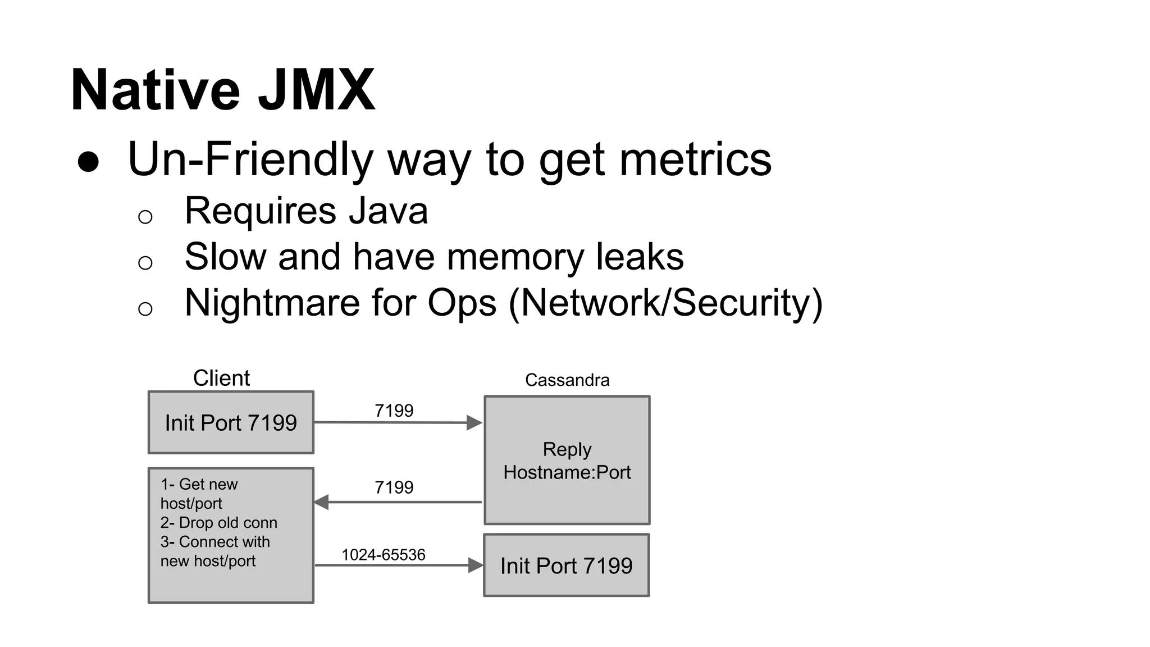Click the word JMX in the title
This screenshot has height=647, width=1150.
pyautogui.click(x=316, y=90)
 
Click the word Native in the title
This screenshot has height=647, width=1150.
pyautogui.click(x=156, y=90)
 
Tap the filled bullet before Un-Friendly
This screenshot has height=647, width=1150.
pyautogui.click(x=88, y=162)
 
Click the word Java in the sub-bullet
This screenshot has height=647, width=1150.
pyautogui.click(x=388, y=211)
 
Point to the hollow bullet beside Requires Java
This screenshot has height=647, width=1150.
pyautogui.click(x=145, y=217)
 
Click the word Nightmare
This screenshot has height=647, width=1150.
pyautogui.click(x=272, y=303)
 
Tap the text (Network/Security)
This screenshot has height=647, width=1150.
pyautogui.click(x=665, y=303)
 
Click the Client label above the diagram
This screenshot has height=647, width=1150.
pyautogui.click(x=221, y=379)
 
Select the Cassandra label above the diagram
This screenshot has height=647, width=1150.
pyautogui.click(x=567, y=380)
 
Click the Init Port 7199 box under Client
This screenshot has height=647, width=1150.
pyautogui.click(x=231, y=423)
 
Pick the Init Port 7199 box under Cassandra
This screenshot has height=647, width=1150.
pyautogui.click(x=566, y=566)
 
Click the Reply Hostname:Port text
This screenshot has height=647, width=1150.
pyautogui.click(x=567, y=461)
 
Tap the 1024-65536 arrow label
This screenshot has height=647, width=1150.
pyautogui.click(x=384, y=555)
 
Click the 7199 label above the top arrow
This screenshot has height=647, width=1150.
pyautogui.click(x=394, y=411)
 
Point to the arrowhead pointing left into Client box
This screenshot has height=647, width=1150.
pyautogui.click(x=321, y=502)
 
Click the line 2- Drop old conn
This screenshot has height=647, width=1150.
pyautogui.click(x=219, y=523)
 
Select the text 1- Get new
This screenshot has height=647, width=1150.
pyautogui.click(x=199, y=485)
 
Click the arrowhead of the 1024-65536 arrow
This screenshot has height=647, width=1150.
pyautogui.click(x=476, y=566)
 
